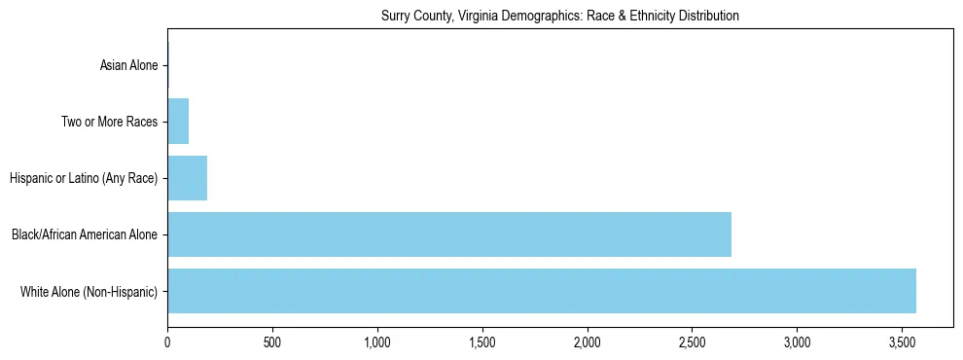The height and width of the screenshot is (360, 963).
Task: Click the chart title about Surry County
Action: point(559,16)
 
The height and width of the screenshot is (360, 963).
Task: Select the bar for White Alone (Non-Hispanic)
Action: point(541,291)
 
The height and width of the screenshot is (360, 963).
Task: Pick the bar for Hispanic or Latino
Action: point(187,178)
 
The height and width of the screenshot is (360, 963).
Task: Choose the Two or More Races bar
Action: point(178,122)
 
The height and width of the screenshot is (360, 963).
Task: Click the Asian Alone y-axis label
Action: point(128,66)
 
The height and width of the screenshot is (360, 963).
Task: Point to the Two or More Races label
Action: point(109,123)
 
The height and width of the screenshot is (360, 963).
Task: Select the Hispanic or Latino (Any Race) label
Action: point(84,179)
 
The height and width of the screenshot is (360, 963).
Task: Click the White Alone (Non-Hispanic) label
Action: point(89,292)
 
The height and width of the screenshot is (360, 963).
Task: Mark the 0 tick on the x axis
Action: point(167,343)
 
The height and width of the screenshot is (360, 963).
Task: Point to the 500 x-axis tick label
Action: point(272,343)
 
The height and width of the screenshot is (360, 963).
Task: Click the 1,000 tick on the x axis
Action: point(377,343)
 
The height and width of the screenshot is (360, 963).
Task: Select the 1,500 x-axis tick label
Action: point(482,343)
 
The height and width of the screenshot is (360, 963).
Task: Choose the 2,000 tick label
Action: point(587,343)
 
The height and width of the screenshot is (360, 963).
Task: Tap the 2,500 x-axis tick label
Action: point(692,343)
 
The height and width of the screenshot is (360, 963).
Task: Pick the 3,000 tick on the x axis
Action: point(797,343)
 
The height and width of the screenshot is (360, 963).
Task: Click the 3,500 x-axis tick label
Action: point(902,343)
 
